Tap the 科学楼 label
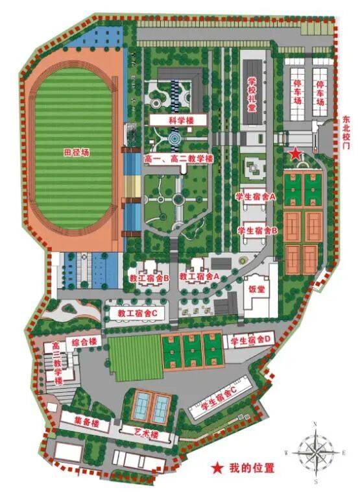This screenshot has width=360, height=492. (x=178, y=121)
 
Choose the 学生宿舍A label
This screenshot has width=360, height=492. (x=256, y=195)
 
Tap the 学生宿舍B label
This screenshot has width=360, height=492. (x=258, y=230)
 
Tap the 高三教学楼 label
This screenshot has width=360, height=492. (x=57, y=363)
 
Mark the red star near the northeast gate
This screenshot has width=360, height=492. (x=295, y=153)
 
